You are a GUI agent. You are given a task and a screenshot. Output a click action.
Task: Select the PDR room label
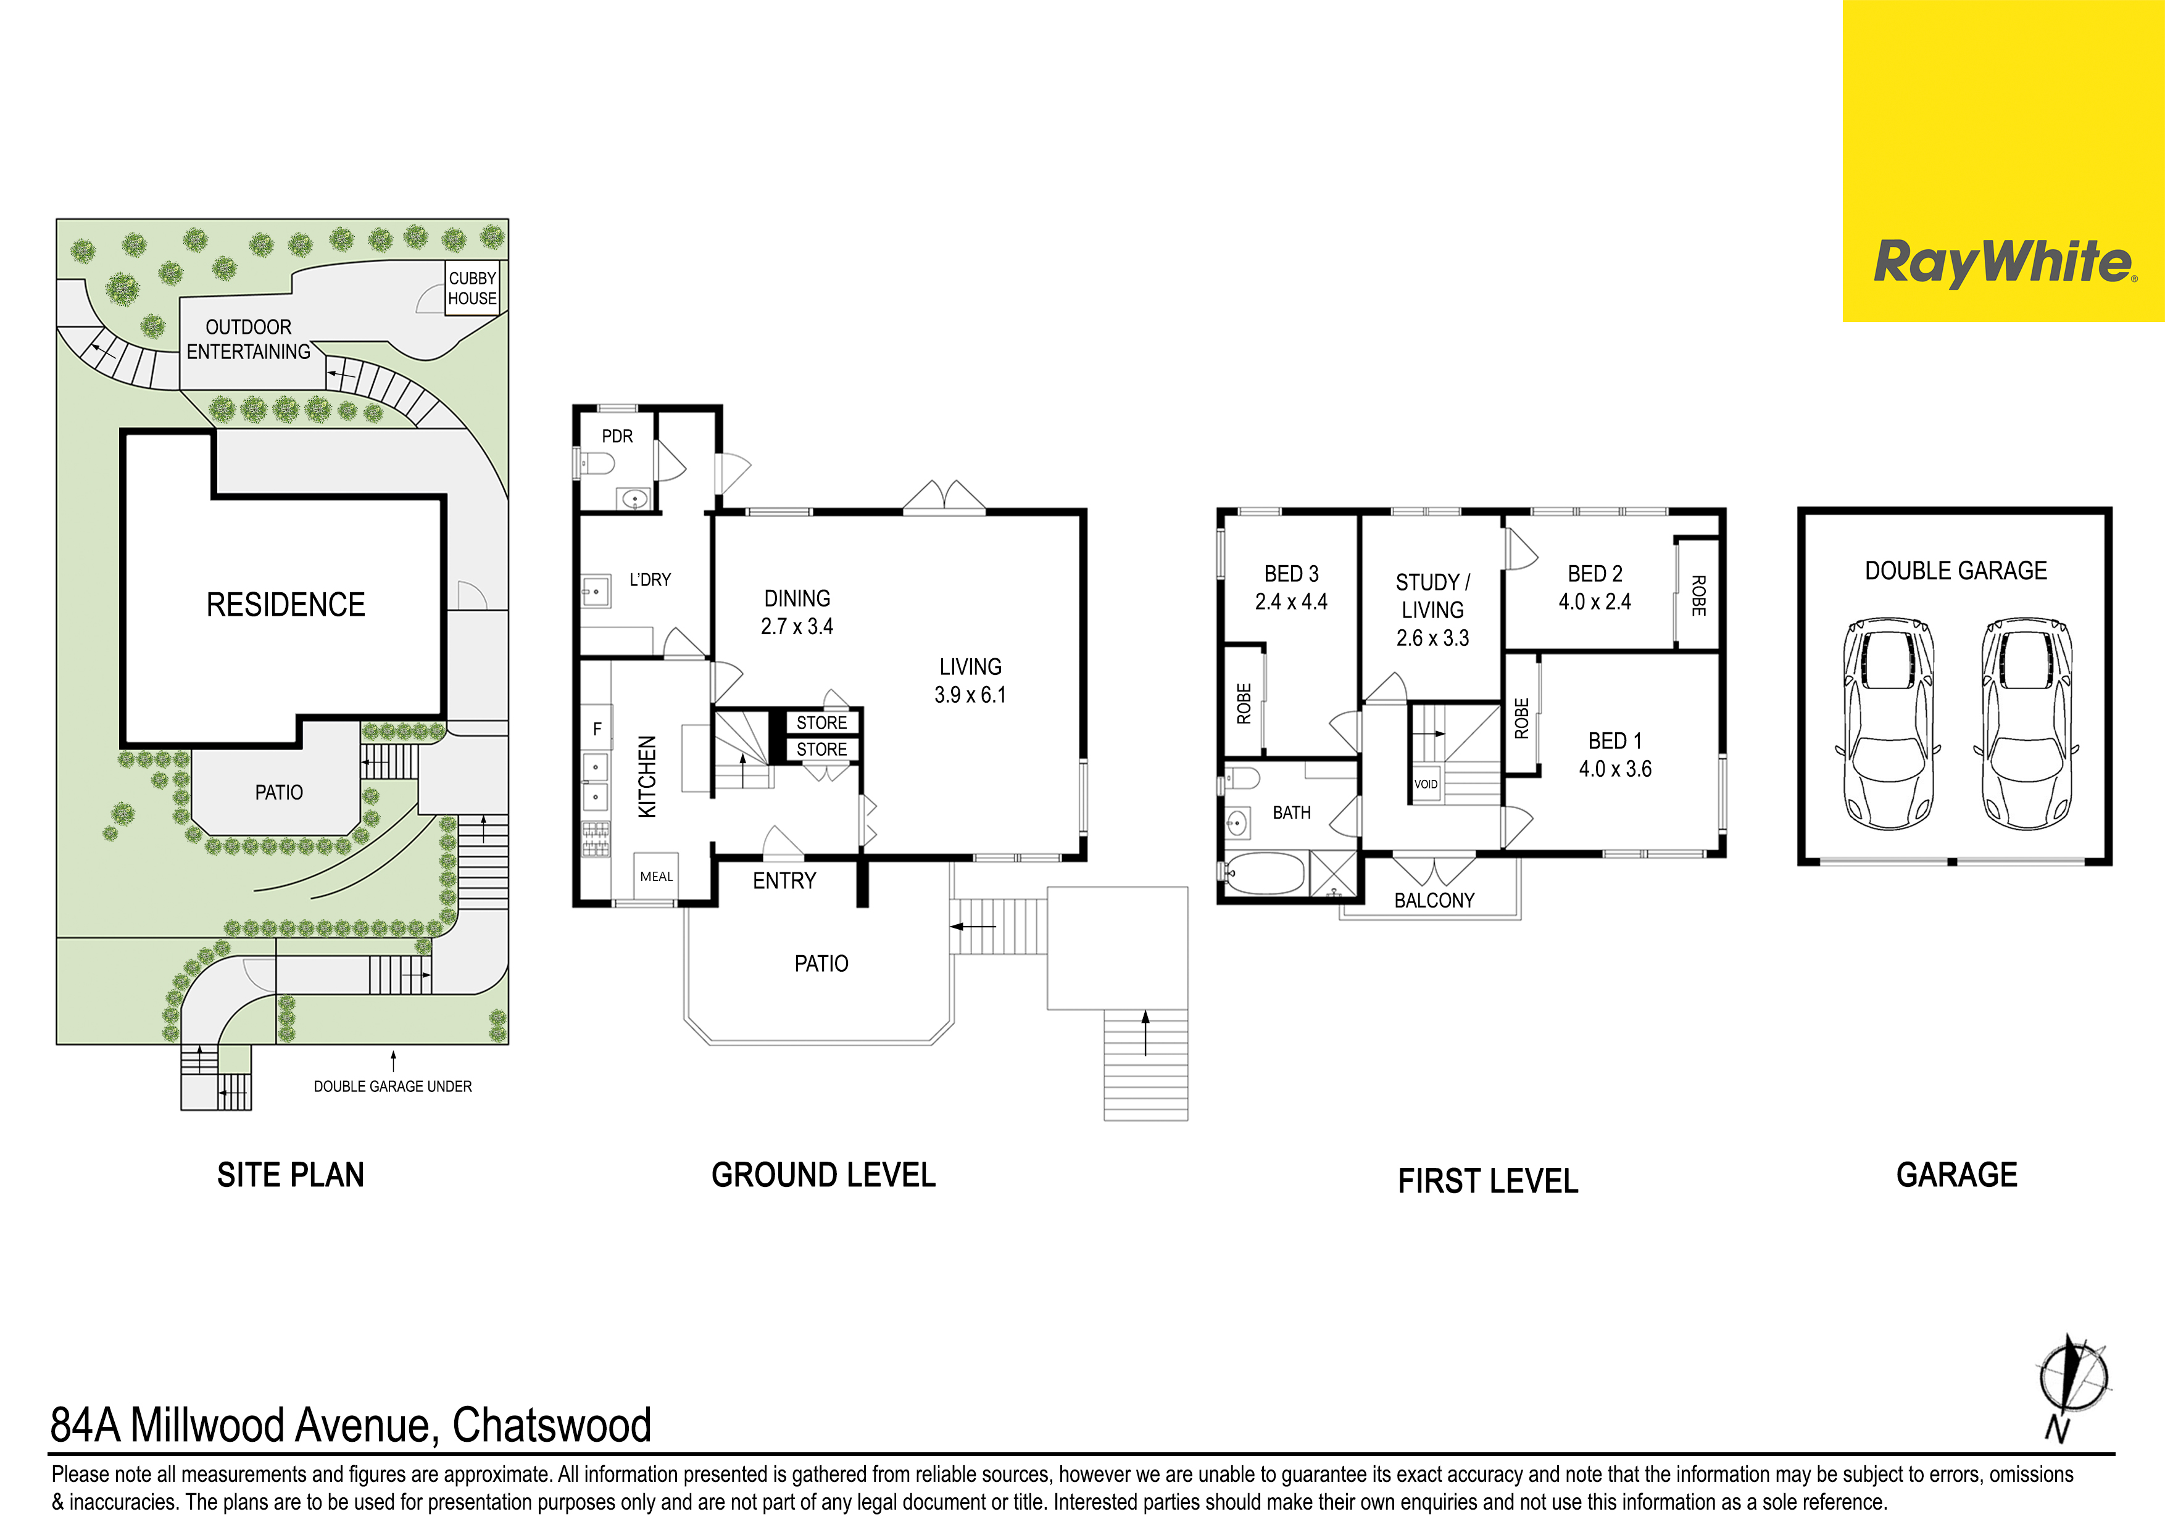pos(618,436)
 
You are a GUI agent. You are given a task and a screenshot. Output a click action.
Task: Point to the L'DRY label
pos(650,580)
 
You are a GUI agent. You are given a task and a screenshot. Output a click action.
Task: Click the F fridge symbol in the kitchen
pos(597,729)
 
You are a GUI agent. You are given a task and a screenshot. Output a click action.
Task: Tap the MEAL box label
pos(656,877)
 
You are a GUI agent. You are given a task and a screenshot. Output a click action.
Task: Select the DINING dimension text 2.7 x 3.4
pos(797,627)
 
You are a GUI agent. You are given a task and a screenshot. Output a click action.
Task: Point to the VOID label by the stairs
pos(1426,784)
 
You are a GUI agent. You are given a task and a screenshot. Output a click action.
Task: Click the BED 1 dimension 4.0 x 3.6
pos(1615,769)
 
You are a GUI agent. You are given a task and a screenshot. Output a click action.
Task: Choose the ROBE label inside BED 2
pos(1698,596)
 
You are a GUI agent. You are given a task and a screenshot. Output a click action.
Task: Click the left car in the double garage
pos(1888,724)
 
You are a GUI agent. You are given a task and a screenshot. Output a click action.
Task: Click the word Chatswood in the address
pos(552,1425)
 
